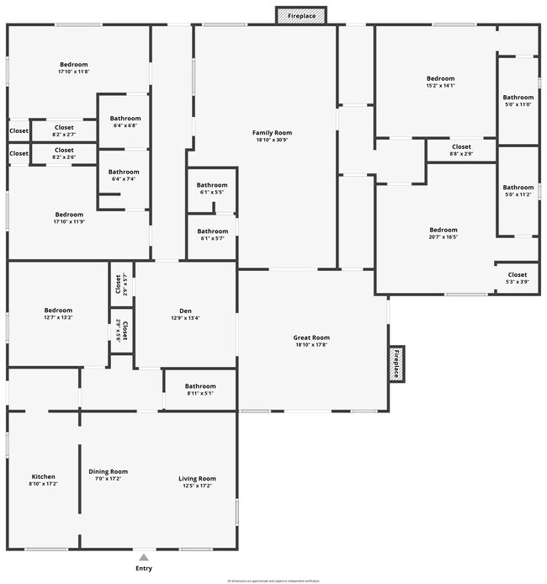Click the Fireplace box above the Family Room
pos(301,15)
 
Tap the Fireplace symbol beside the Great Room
pos(397,364)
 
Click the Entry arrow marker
pos(145,556)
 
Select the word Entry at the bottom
pos(145,569)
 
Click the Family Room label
pos(272,133)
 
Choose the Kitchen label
pos(43,477)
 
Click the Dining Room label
pos(109,471)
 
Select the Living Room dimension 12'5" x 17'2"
pos(197,486)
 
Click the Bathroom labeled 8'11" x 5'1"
pos(200,390)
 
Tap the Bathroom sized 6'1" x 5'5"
pos(212,188)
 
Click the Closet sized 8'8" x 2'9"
pos(461,150)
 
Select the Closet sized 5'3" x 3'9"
pos(517,278)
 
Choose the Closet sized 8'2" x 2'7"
pos(64,130)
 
